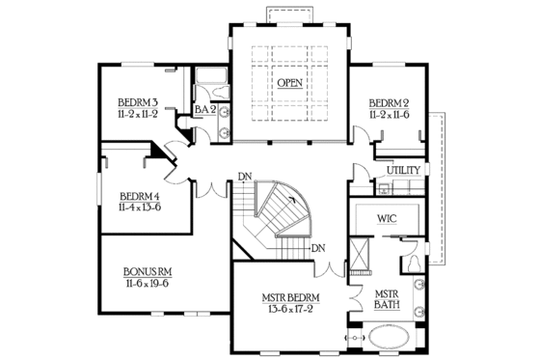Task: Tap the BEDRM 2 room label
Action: (x=390, y=103)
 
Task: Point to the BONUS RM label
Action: (x=148, y=272)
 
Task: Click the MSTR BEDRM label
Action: (x=290, y=297)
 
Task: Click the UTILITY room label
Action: (x=403, y=171)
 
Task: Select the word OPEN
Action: (x=289, y=83)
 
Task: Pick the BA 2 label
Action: (x=202, y=110)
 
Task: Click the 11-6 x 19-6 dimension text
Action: (x=148, y=284)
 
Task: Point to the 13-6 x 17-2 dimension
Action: (x=290, y=309)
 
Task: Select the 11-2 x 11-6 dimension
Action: (x=390, y=115)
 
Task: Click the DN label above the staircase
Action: (x=246, y=178)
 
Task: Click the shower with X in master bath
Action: (x=359, y=255)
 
